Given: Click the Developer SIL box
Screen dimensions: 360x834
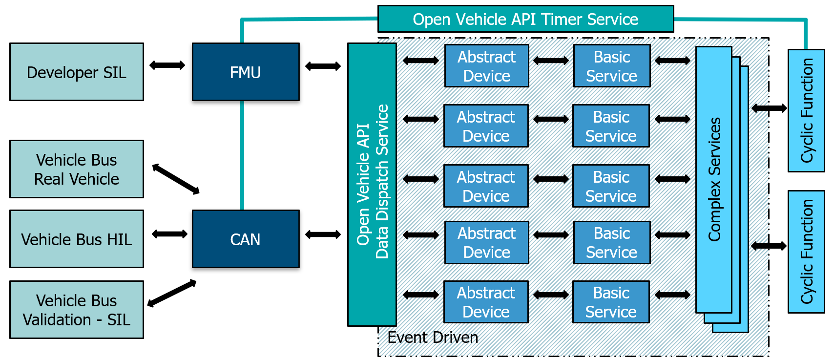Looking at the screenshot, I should tap(77, 72).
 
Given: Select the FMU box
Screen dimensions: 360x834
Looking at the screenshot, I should tap(246, 72).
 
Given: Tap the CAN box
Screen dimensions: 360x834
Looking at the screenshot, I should tap(246, 239).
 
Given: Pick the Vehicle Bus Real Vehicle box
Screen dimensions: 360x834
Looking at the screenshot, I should tap(77, 169).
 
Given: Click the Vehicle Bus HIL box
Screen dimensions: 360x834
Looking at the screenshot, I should tap(77, 239).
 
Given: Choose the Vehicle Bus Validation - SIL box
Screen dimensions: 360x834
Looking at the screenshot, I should tap(77, 309).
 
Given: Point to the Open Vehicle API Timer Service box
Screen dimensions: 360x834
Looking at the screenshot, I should tap(525, 19).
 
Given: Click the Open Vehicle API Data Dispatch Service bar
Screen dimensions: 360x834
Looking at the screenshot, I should tap(372, 184).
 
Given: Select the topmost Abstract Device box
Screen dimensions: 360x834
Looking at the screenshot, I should tap(486, 66).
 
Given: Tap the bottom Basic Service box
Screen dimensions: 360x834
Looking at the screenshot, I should tap(611, 302).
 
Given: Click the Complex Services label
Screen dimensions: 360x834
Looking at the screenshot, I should tap(714, 179).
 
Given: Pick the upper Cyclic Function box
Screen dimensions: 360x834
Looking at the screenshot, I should tap(806, 110).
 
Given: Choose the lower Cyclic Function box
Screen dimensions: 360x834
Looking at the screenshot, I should tap(806, 252).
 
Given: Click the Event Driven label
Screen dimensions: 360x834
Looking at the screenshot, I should tap(433, 338).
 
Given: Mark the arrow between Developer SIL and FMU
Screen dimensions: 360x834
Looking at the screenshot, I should tap(167, 65).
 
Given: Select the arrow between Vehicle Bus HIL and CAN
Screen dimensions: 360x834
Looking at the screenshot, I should tap(169, 234).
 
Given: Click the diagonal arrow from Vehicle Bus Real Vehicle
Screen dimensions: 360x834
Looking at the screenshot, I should tap(176, 179).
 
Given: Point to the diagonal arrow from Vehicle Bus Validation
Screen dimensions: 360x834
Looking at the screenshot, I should tap(172, 293).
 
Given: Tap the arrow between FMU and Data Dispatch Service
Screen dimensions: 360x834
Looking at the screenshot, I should tap(323, 66).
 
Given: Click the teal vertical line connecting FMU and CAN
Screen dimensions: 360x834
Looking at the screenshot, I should tap(242, 155).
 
